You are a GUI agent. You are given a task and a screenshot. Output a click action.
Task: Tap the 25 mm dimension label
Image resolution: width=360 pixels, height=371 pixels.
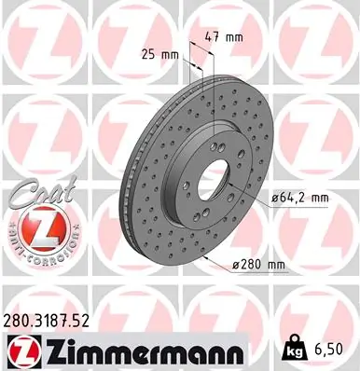[x=159, y=54]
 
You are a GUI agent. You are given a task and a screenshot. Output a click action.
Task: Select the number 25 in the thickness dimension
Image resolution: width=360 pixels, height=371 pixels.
[x=148, y=54]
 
